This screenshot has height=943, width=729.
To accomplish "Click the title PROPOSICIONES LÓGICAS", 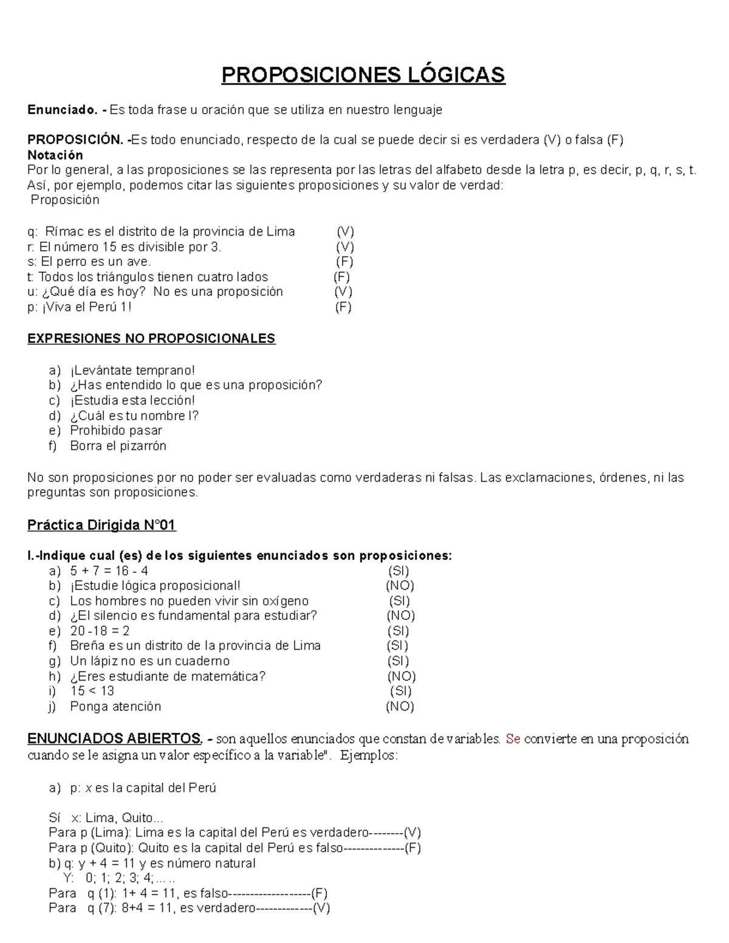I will click(363, 75).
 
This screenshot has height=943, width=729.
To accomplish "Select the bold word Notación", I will click(55, 155).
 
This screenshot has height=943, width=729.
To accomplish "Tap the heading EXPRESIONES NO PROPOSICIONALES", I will click(151, 339).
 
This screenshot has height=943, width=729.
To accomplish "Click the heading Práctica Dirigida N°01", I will click(101, 525).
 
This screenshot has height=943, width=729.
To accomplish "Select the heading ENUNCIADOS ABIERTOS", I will click(114, 739).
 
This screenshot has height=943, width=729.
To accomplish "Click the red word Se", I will click(513, 739).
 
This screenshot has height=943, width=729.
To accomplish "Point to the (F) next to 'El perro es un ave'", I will click(344, 262).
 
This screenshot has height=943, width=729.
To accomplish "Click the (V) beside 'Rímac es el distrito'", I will click(345, 232).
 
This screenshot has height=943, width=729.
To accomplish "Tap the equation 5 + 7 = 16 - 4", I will click(109, 571).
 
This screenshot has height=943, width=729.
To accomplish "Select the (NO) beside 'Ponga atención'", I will click(400, 706).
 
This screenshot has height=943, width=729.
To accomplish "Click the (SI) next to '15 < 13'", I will click(400, 691).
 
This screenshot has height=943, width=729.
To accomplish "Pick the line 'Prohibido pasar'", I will click(116, 431).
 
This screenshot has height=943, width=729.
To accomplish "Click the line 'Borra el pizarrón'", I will click(118, 446).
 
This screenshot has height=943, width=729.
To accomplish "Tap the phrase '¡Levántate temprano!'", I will click(132, 370).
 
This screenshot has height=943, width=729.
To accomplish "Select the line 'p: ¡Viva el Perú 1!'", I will click(79, 307).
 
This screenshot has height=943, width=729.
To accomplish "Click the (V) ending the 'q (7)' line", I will click(321, 908).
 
